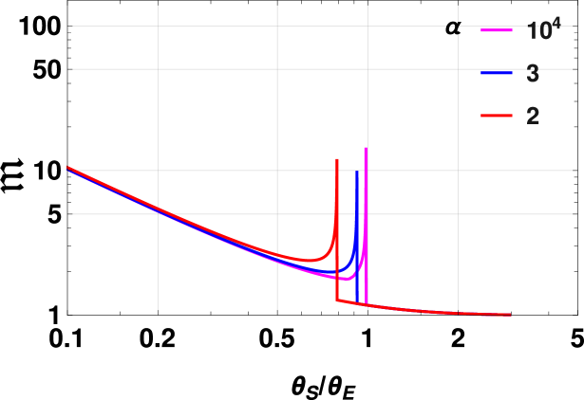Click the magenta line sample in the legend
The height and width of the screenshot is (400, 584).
[x=497, y=31]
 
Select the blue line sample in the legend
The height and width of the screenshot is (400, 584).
[x=497, y=73]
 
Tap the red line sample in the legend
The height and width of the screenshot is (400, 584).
[x=497, y=116]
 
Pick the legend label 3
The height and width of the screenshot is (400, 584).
[x=533, y=74]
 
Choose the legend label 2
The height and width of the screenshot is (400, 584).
[x=533, y=117]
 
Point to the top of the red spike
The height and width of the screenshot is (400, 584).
[x=337, y=159]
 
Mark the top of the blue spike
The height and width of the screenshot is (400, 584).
[x=356, y=172]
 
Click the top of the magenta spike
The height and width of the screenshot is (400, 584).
[x=366, y=148]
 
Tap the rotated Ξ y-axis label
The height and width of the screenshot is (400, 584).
[x=12, y=176]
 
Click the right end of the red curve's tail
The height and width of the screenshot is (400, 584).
[x=510, y=314]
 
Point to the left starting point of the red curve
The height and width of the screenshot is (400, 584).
[x=68, y=168]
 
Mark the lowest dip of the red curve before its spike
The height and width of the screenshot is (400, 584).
[x=308, y=260]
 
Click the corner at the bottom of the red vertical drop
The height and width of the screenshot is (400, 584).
[x=337, y=301]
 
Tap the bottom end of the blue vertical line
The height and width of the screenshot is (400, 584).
[x=356, y=303]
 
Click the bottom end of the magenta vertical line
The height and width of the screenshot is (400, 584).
[x=366, y=305]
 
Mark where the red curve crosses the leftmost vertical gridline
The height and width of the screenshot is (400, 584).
[x=158, y=209]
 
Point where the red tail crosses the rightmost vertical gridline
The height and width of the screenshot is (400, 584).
[x=458, y=312]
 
